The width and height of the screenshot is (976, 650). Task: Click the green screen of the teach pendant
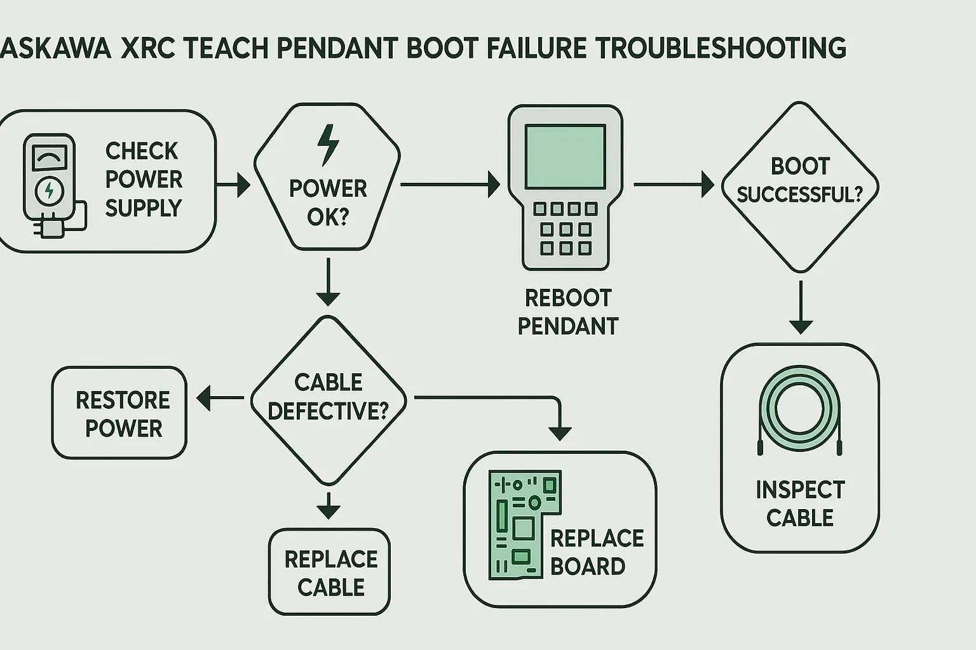(x=566, y=156)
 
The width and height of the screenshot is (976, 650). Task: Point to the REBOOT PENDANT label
(x=567, y=312)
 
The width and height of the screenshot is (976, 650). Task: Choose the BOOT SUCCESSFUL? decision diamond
(x=800, y=187)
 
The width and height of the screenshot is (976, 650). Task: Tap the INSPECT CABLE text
(x=800, y=503)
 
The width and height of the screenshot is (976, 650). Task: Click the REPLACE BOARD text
(x=596, y=552)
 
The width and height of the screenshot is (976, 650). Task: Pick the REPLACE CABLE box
(x=330, y=572)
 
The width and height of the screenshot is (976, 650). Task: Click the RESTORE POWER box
(x=119, y=413)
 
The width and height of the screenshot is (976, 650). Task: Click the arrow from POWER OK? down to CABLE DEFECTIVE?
(x=328, y=282)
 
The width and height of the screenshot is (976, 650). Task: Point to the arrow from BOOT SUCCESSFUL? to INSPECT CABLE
(x=801, y=308)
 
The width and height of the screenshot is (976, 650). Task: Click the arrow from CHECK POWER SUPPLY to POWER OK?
(x=234, y=185)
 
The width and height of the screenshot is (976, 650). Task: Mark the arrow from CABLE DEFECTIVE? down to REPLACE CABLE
(x=329, y=506)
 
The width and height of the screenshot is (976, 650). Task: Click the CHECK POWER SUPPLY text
(x=143, y=180)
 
